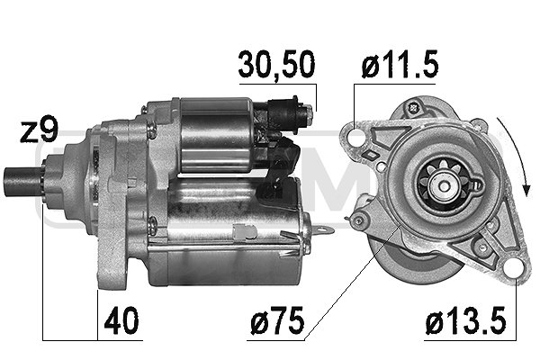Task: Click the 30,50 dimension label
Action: (276, 65)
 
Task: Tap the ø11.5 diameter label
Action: (400, 65)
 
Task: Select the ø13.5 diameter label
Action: (465, 320)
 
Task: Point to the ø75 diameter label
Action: (277, 320)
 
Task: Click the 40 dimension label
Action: (121, 320)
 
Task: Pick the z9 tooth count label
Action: (39, 131)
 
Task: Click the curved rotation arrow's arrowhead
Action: (526, 190)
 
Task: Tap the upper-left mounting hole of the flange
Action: (356, 137)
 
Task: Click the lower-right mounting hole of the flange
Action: (514, 267)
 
